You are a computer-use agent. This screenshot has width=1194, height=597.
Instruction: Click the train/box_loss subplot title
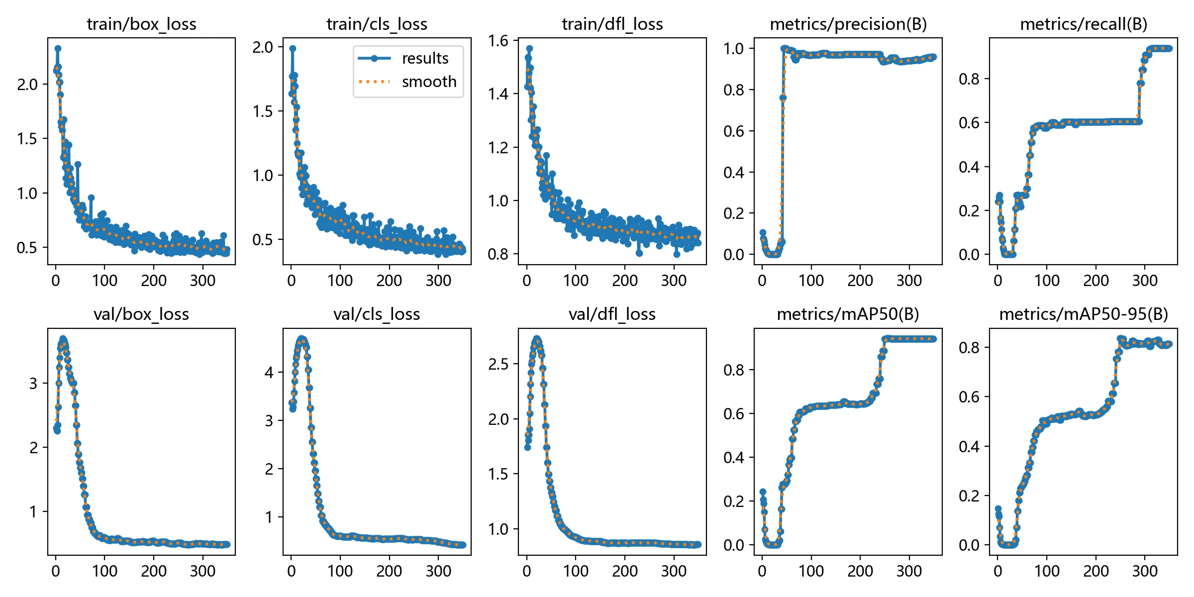tap(141, 24)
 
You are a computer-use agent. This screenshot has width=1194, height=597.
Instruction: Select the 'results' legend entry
tap(425, 58)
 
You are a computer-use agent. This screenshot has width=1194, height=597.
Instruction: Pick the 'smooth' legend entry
tap(429, 82)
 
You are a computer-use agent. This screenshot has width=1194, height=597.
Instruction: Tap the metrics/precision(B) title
tap(848, 24)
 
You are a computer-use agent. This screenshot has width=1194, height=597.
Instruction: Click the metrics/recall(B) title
tap(1084, 24)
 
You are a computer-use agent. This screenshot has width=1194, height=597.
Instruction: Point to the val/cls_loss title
tap(377, 314)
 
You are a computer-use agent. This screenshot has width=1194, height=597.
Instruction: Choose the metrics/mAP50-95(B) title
tap(1084, 314)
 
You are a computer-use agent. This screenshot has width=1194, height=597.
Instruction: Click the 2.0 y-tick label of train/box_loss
tap(27, 85)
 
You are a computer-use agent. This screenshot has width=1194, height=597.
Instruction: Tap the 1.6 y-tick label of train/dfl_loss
tap(498, 41)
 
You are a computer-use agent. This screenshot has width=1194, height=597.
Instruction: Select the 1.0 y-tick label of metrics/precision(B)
tap(734, 49)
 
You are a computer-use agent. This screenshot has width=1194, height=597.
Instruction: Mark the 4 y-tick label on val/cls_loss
tap(269, 372)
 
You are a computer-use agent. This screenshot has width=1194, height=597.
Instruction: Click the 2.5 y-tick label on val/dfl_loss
tap(498, 364)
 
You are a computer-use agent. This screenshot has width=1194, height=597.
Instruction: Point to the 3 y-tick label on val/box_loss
tap(33, 384)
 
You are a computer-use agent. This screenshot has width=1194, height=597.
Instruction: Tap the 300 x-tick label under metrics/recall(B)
tap(1145, 281)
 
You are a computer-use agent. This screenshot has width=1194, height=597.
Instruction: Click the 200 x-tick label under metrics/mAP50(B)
tap(860, 571)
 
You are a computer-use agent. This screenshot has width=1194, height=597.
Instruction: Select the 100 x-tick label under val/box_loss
tap(104, 571)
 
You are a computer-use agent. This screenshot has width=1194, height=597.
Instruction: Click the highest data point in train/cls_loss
tap(293, 49)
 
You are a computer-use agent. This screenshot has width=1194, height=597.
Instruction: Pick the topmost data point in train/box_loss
tap(58, 49)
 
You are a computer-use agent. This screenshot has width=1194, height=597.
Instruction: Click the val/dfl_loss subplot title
tap(612, 314)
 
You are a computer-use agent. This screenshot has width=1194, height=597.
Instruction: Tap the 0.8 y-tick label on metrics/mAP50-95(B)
tap(969, 347)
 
